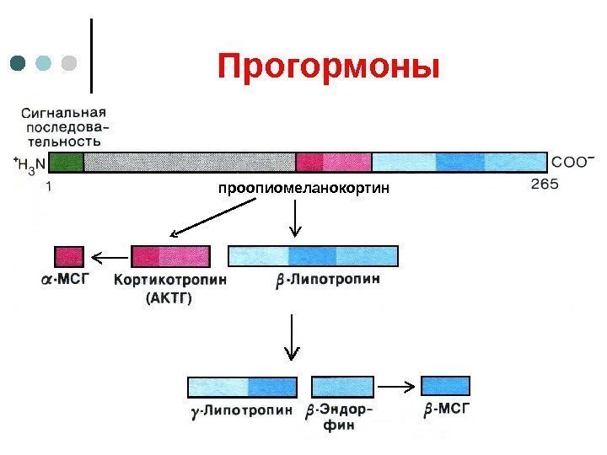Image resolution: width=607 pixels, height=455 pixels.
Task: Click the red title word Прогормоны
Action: pyautogui.click(x=328, y=66)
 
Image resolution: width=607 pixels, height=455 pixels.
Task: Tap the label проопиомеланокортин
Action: pyautogui.click(x=304, y=186)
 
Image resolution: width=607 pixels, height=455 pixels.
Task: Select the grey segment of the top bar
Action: pyautogui.click(x=190, y=162)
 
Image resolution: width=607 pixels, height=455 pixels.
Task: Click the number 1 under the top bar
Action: pyautogui.click(x=48, y=188)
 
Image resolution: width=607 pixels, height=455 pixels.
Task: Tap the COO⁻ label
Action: pyautogui.click(x=572, y=160)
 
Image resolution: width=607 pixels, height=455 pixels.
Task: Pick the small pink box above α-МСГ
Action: pyautogui.click(x=69, y=256)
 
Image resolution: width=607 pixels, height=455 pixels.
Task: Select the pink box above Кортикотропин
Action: pyautogui.click(x=171, y=256)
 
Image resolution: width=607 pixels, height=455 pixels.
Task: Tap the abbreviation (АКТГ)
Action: pyautogui.click(x=169, y=297)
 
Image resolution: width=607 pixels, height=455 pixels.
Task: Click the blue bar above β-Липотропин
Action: pyautogui.click(x=314, y=256)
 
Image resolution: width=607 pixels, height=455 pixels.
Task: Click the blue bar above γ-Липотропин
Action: pyautogui.click(x=243, y=387)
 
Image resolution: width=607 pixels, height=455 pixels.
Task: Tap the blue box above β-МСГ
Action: pyautogui.click(x=445, y=386)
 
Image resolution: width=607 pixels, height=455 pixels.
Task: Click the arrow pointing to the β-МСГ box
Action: pyautogui.click(x=396, y=387)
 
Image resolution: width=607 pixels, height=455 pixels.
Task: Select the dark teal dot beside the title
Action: pyautogui.click(x=19, y=64)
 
